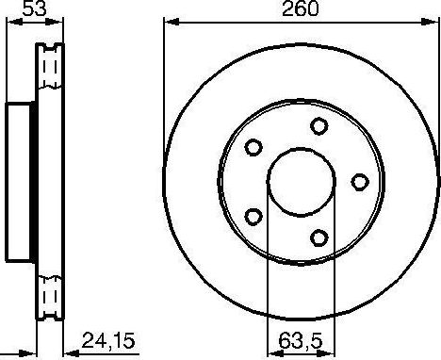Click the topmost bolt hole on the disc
tap(319, 125)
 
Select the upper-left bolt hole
tap(253, 148)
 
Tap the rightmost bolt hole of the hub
tap(360, 181)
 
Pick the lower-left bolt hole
tap(253, 216)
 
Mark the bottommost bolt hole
tap(319, 237)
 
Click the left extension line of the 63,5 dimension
tap(269, 283)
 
